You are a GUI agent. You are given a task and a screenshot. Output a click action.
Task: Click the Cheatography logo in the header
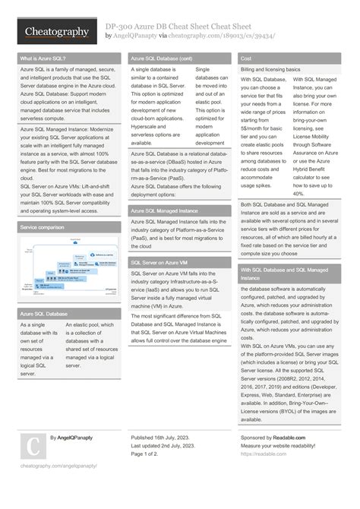pos(57,32)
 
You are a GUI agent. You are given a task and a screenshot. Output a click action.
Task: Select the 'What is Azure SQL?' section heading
pos(43,58)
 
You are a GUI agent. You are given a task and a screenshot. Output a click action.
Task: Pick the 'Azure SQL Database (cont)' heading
pos(162,58)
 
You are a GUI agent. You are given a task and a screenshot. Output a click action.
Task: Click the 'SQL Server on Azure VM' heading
pos(160,262)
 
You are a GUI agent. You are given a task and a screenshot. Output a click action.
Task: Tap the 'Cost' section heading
pos(247,58)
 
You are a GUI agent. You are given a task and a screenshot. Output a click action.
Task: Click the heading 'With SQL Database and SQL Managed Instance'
pos(285,273)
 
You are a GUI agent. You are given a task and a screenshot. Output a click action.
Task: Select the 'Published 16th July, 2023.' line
pos(164,438)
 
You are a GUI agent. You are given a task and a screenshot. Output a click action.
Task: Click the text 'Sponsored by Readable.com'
pos(273,438)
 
